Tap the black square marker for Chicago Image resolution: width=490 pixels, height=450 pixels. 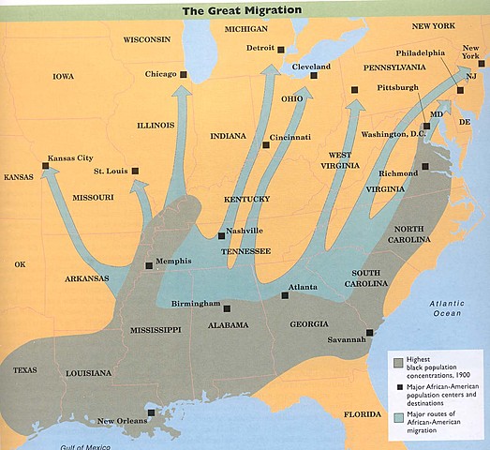click(184, 74)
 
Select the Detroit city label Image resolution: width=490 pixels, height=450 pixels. click(260, 48)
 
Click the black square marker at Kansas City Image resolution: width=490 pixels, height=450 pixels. click(45, 167)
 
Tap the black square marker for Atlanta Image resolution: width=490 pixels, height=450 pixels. click(284, 295)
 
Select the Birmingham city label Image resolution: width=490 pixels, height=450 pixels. click(196, 305)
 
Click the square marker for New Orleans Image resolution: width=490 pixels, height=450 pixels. click(151, 411)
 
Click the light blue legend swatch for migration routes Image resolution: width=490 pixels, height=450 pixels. click(399, 415)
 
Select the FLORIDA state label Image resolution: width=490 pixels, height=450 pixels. click(363, 414)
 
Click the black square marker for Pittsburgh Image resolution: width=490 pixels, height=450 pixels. click(355, 90)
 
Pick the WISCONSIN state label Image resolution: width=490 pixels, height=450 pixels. click(147, 39)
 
